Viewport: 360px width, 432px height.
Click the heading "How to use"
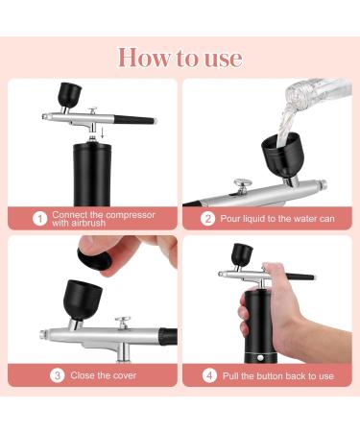pyautogui.click(x=180, y=57)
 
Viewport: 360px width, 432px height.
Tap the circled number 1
pyautogui.click(x=39, y=219)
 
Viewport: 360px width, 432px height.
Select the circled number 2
pyautogui.click(x=208, y=219)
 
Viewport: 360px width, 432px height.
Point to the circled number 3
pyautogui.click(x=58, y=375)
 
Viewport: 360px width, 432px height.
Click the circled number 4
pyautogui.click(x=209, y=375)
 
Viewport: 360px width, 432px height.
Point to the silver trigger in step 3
pyautogui.click(x=123, y=323)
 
